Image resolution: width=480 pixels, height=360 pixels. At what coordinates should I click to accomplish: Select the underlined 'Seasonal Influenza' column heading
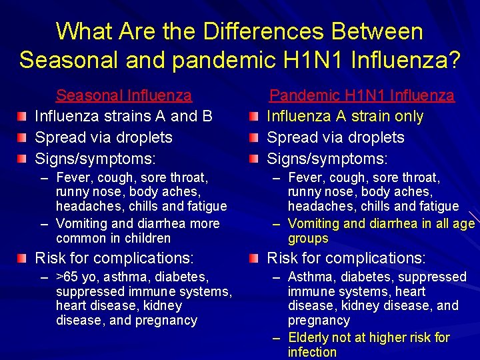124,96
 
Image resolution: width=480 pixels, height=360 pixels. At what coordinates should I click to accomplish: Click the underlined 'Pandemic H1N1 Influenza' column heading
361,96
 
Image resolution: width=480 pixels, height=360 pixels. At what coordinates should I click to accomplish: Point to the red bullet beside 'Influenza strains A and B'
23,117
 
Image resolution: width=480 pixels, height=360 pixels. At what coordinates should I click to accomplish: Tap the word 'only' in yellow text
409,117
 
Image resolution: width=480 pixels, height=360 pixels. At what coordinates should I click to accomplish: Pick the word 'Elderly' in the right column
312,337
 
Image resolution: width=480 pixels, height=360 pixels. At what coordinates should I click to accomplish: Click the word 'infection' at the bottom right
312,352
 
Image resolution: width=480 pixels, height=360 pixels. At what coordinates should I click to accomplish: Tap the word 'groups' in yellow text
308,238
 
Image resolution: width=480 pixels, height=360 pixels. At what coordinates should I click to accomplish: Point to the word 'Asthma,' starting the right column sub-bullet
311,277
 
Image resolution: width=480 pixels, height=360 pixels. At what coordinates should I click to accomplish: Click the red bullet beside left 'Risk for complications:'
23,258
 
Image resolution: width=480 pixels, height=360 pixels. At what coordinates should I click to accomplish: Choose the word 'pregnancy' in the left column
166,321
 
